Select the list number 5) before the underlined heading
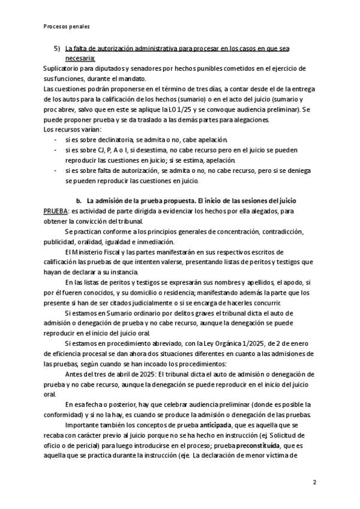click(57, 49)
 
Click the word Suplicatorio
click(64, 69)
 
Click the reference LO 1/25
click(223, 110)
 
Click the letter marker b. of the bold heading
click(78, 199)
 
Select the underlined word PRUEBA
click(56, 211)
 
